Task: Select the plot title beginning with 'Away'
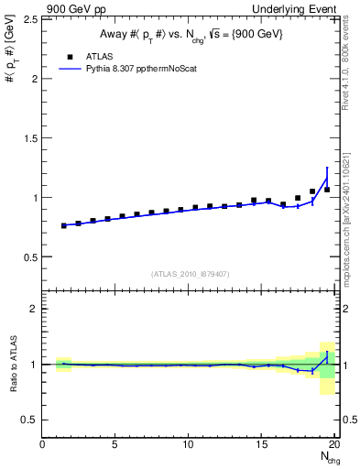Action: (x=190, y=35)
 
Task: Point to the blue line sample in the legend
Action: (x=71, y=69)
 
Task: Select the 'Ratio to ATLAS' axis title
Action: (x=11, y=364)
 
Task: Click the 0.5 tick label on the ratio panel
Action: (x=30, y=420)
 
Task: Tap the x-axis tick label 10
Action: (x=188, y=445)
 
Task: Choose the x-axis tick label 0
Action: (x=43, y=445)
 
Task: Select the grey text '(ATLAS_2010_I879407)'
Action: (x=190, y=273)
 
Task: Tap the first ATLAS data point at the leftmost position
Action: (x=63, y=225)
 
